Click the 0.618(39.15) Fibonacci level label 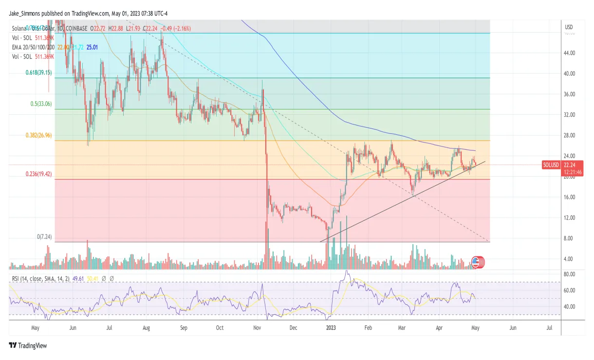[x=38, y=72]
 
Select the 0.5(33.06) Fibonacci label [x=40, y=104]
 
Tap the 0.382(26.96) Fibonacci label [x=38, y=136]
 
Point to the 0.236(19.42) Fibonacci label [x=38, y=174]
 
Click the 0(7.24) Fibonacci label [x=45, y=237]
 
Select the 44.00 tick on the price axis [x=570, y=53]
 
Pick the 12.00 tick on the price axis [x=570, y=217]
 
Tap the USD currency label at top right [x=568, y=26]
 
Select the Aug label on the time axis [x=146, y=328]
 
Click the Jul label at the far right [x=549, y=328]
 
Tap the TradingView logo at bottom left [x=28, y=345]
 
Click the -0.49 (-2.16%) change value [x=175, y=29]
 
